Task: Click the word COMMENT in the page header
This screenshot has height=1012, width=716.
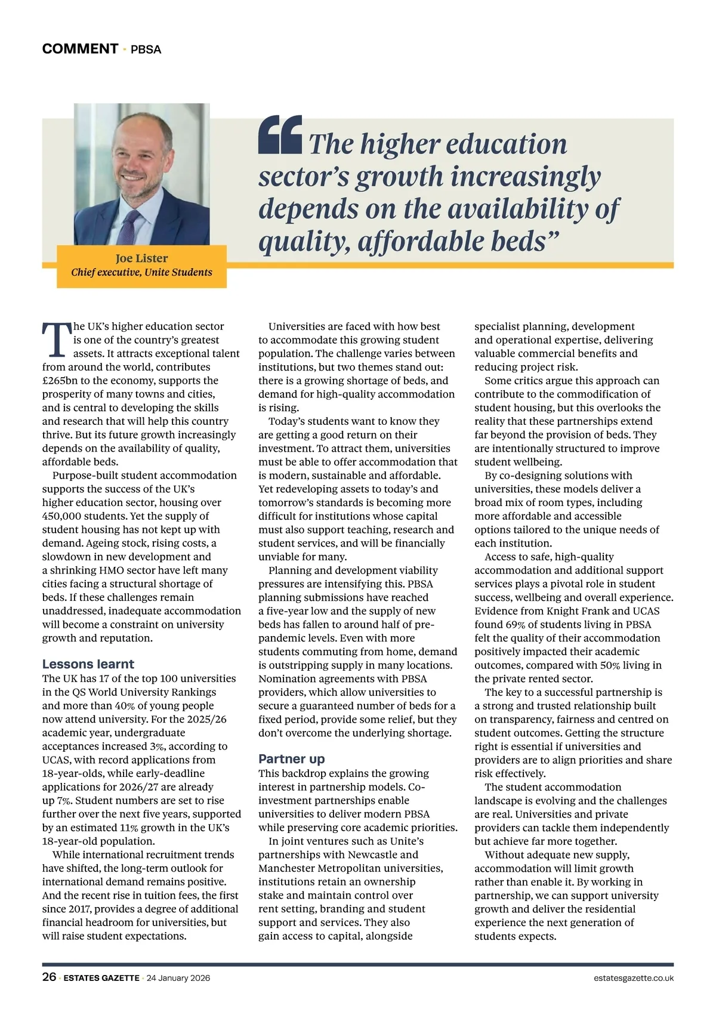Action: (80, 49)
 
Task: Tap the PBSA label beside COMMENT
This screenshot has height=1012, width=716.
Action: (146, 50)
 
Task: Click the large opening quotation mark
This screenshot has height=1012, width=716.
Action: (280, 134)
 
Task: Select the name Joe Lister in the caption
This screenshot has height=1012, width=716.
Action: (141, 258)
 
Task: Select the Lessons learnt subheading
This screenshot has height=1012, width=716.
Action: (88, 664)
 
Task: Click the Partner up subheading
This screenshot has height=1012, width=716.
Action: (291, 759)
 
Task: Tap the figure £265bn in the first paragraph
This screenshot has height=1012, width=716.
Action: (62, 381)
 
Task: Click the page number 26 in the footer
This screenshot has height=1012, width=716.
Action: (49, 977)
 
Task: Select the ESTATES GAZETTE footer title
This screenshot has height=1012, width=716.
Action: (101, 978)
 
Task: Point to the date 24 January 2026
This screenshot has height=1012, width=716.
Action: (178, 978)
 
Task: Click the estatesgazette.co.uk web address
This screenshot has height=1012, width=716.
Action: (634, 978)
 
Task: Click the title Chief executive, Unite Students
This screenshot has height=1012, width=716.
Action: (141, 272)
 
